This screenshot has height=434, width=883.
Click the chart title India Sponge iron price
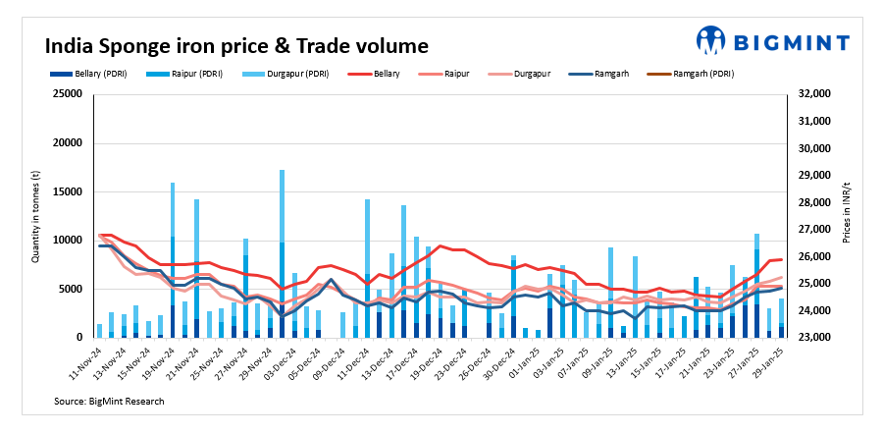click(x=236, y=45)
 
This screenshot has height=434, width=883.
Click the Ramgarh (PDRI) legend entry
click(x=698, y=74)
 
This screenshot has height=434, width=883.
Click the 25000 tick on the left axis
click(x=68, y=94)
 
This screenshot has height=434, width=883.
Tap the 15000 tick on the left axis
click(x=68, y=191)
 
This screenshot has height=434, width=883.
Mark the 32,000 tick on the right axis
click(x=816, y=94)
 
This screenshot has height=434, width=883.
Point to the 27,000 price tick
click(x=816, y=230)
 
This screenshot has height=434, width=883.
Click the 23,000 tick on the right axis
click(x=816, y=338)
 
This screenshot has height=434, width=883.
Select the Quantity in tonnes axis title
click(x=36, y=217)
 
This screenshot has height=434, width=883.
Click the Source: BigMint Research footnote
click(x=110, y=401)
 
